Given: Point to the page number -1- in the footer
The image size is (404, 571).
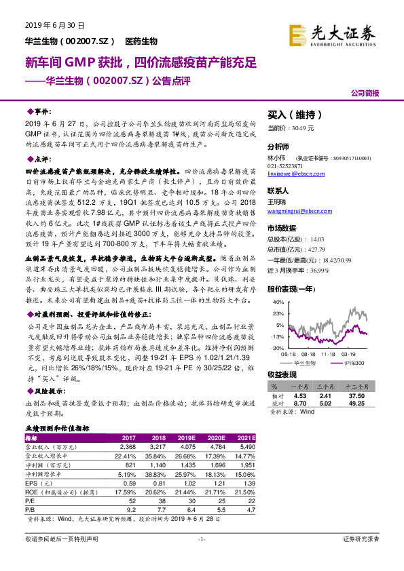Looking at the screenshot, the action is click(201, 538).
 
